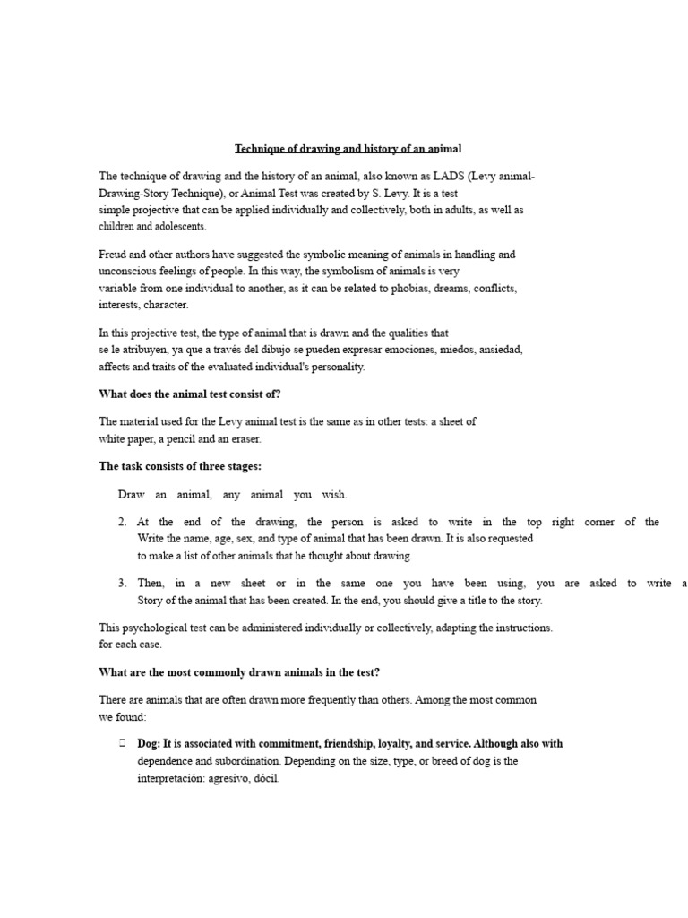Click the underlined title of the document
pyautogui.click(x=348, y=149)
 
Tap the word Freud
pyautogui.click(x=113, y=255)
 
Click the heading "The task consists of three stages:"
pyautogui.click(x=179, y=466)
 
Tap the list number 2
pyautogui.click(x=122, y=522)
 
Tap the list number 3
pyautogui.click(x=122, y=584)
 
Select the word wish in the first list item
pyautogui.click(x=333, y=495)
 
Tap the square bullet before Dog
pyautogui.click(x=122, y=744)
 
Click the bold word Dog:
pyautogui.click(x=147, y=744)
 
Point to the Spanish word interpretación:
pyautogui.click(x=168, y=778)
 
